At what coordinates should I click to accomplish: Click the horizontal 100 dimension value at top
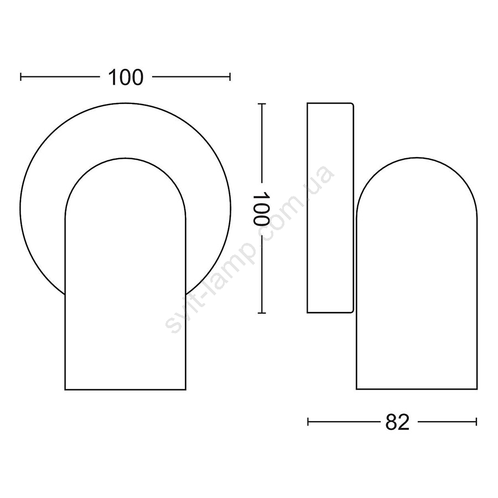click(x=126, y=77)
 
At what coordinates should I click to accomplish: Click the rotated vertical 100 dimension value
click(x=261, y=209)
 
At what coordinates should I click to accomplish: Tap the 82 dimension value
click(x=397, y=422)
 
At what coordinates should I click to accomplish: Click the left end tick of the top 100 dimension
click(x=21, y=77)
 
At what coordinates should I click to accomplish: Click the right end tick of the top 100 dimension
click(x=230, y=77)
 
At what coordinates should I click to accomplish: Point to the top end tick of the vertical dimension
click(x=261, y=103)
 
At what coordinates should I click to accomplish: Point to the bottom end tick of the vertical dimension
click(x=261, y=313)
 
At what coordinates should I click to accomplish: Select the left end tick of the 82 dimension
click(x=308, y=422)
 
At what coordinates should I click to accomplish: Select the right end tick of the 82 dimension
click(x=476, y=422)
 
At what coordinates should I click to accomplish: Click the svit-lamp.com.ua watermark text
click(x=250, y=247)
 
